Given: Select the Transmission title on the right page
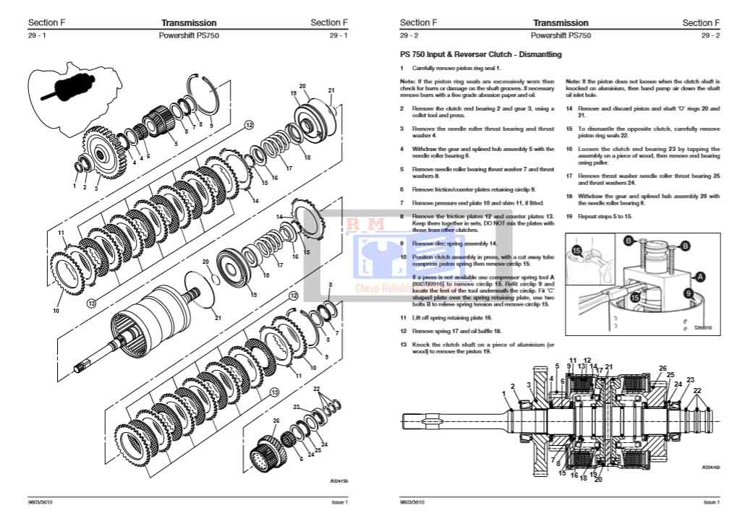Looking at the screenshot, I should [561, 23].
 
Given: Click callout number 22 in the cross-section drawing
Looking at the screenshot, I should [696, 391].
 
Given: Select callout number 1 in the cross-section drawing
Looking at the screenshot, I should [504, 393].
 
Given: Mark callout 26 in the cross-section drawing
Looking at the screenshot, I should [662, 368].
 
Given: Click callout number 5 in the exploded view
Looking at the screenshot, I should [174, 144].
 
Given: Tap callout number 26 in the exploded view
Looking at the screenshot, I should [276, 420].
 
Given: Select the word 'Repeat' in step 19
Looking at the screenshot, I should [587, 215].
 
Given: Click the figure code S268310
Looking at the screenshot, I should [702, 327].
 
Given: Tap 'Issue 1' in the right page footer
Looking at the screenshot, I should [711, 502].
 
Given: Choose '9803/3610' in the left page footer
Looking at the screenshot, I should [41, 502].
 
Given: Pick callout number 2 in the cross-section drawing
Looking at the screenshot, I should [513, 387].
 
